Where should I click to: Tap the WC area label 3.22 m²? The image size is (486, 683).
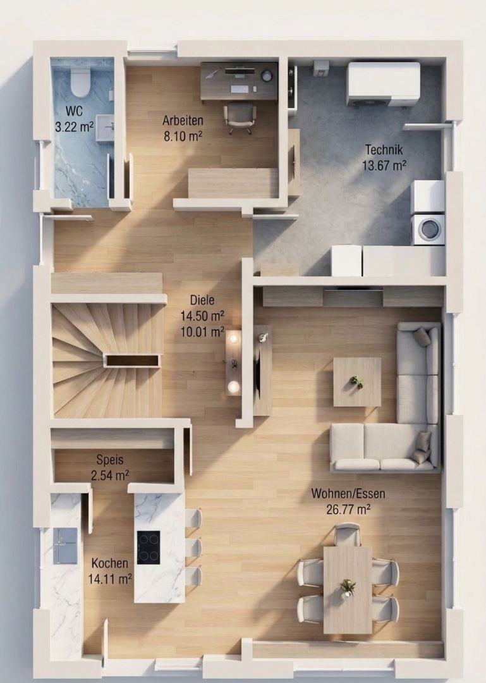pyautogui.click(x=75, y=127)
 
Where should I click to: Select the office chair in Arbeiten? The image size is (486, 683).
pyautogui.click(x=240, y=118)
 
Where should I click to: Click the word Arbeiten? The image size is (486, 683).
pyautogui.click(x=183, y=120)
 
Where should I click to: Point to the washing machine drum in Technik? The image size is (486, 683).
pyautogui.click(x=429, y=229)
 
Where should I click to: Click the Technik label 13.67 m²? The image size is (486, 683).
pyautogui.click(x=384, y=166)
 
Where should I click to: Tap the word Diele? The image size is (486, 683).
pyautogui.click(x=202, y=300)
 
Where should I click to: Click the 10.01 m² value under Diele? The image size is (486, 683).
pyautogui.click(x=202, y=332)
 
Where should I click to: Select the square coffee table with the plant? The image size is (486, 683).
pyautogui.click(x=357, y=382)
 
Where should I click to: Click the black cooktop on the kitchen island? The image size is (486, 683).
pyautogui.click(x=149, y=548)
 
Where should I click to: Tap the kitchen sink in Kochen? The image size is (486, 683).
pyautogui.click(x=65, y=546)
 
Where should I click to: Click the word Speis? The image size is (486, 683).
pyautogui.click(x=110, y=460)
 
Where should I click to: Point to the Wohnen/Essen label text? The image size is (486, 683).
pyautogui.click(x=348, y=493)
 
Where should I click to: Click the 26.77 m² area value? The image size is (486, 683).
pyautogui.click(x=348, y=508)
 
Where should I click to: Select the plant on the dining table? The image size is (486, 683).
pyautogui.click(x=348, y=587)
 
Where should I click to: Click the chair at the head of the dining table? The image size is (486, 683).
pyautogui.click(x=348, y=534)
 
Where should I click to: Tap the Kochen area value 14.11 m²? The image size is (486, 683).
pyautogui.click(x=110, y=579)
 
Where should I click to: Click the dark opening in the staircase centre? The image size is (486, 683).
pyautogui.click(x=133, y=360)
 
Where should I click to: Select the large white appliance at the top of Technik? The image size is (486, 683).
pyautogui.click(x=384, y=84)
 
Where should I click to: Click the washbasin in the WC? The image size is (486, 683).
pyautogui.click(x=105, y=128)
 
